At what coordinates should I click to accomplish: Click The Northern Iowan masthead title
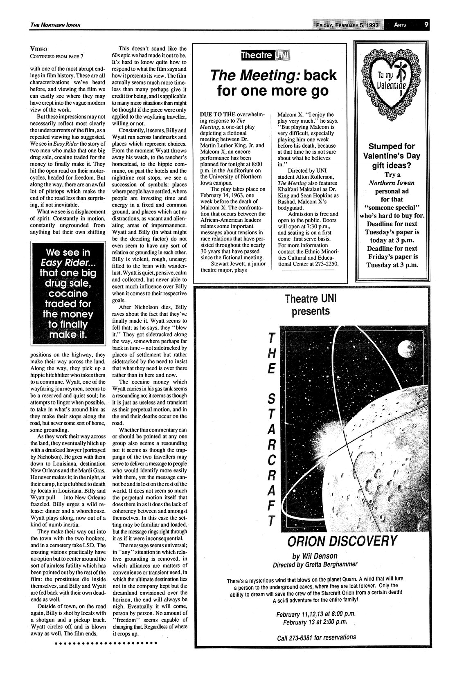pyautogui.click(x=55, y=25)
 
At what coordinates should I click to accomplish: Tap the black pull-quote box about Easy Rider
pyautogui.click(x=64, y=293)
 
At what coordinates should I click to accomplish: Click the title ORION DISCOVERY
pyautogui.click(x=342, y=541)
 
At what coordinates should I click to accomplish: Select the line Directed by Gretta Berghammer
pyautogui.click(x=315, y=565)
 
